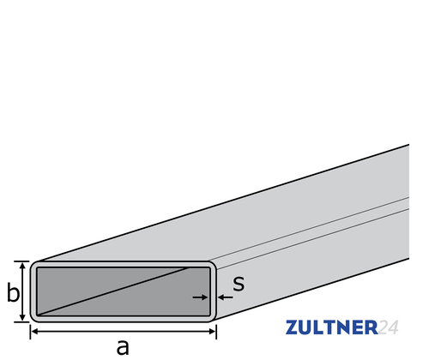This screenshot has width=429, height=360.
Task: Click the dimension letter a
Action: click(x=122, y=345)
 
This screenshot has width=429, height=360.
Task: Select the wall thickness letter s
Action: click(x=239, y=283)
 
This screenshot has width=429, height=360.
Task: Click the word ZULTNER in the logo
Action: click(x=330, y=327)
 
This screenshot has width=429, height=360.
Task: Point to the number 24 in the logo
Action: click(x=389, y=327)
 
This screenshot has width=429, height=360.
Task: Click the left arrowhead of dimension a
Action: click(x=35, y=330)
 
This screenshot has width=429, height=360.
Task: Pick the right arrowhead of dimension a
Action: click(x=212, y=330)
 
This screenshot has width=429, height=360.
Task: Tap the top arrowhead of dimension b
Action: click(x=24, y=266)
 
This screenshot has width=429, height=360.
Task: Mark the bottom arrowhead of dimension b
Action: click(x=24, y=318)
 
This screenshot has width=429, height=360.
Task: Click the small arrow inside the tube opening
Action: click(x=200, y=297)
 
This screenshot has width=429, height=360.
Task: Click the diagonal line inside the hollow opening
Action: click(x=120, y=291)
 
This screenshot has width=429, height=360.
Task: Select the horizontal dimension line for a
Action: click(x=124, y=330)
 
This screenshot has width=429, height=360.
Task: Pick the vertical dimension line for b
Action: click(x=24, y=292)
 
